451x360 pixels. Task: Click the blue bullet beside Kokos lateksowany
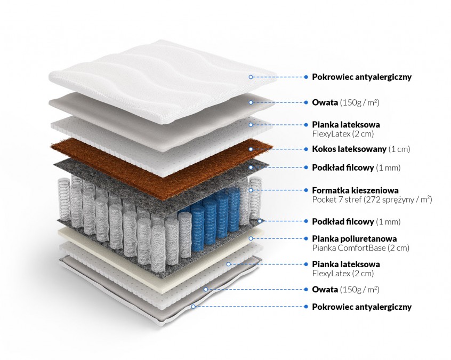click(x=306, y=149)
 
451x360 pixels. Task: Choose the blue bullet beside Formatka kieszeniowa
click(x=306, y=190)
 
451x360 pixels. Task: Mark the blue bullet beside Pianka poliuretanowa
click(x=306, y=238)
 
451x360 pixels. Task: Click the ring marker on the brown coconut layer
click(x=250, y=149)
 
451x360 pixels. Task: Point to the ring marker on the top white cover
click(x=250, y=77)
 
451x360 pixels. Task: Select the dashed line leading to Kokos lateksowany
click(x=277, y=149)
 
